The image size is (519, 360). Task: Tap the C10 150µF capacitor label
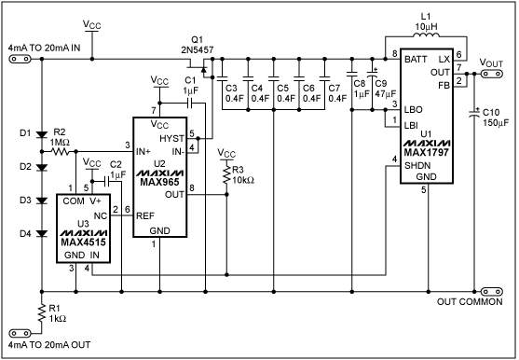click(494, 116)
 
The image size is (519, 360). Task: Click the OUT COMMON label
click(471, 301)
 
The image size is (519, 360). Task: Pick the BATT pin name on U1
click(417, 58)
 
